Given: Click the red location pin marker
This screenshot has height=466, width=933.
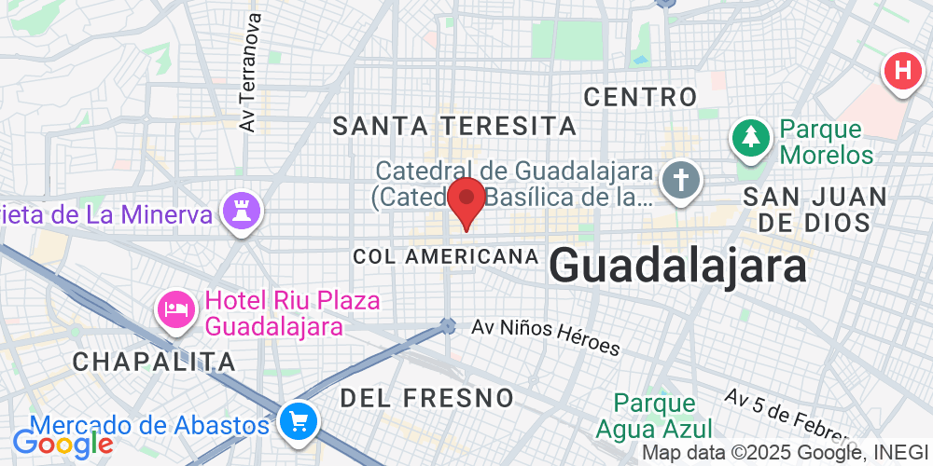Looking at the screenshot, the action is pos(466,199).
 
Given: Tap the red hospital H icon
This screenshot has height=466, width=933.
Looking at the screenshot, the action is pos(902,70).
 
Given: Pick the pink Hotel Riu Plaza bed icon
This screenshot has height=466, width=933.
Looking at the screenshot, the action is pos(175,310).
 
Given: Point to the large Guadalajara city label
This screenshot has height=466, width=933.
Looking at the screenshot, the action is pos(677,267).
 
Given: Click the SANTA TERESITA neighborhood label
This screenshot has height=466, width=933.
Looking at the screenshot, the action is pos(455,125).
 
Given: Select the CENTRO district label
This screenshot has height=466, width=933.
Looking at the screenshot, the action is pos(640,96).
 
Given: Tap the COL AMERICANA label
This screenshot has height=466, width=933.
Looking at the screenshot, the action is pos(446,256).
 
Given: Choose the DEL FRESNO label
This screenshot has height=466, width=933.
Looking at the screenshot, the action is pos(426,398).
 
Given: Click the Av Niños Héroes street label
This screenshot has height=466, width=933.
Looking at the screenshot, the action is pos(546,336).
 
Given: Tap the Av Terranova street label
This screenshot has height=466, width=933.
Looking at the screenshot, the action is pos(248,73).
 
